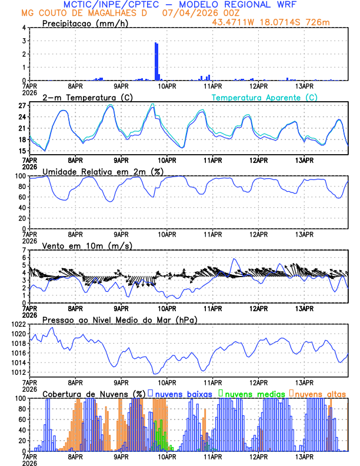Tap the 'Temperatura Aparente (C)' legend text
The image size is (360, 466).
(x=264, y=97)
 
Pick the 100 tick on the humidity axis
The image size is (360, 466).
(x=20, y=176)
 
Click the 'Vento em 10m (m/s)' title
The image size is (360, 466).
(x=87, y=245)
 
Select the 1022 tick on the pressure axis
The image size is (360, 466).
(x=18, y=324)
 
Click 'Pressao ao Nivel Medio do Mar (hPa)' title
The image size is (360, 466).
(x=119, y=319)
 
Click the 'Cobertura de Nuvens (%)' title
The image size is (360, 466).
(x=94, y=393)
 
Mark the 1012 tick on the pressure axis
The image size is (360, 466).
(x=18, y=372)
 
